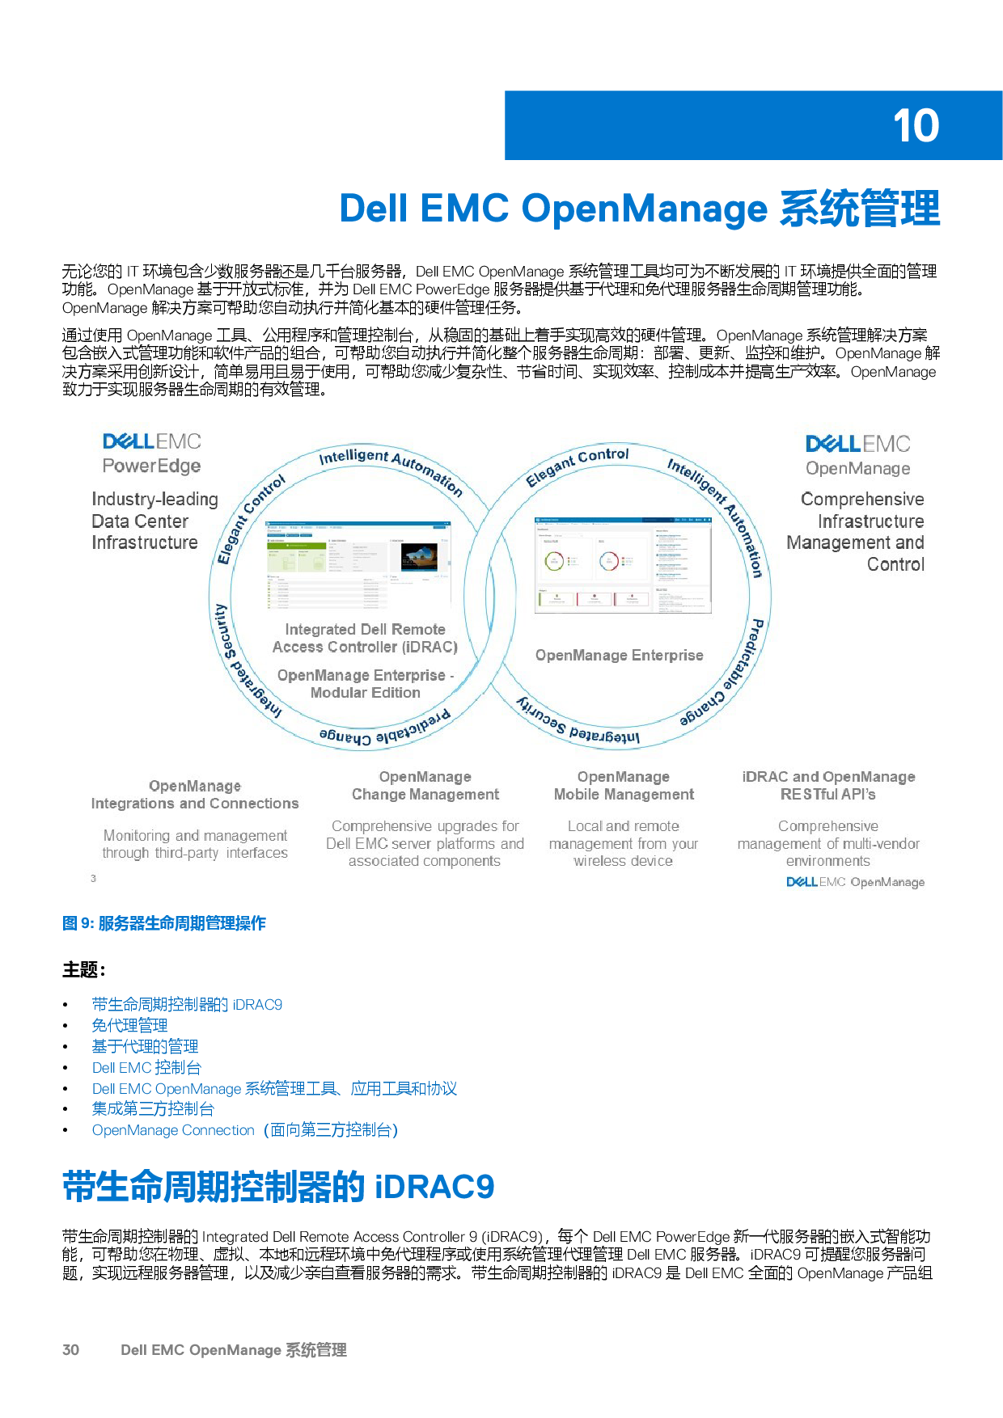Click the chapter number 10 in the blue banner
coord(916,126)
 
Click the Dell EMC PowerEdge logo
coord(151,453)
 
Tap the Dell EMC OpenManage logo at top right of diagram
coord(857,455)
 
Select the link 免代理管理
coord(129,1025)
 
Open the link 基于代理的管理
coord(145,1046)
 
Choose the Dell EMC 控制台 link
coord(146,1067)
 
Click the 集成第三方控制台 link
coord(153,1108)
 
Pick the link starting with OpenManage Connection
coord(244,1129)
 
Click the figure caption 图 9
coord(164,923)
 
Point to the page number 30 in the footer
coord(71,1349)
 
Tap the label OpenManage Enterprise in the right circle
coord(619,655)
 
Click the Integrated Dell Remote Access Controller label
coord(365,638)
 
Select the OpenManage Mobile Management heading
coord(624,786)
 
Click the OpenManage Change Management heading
coord(425,786)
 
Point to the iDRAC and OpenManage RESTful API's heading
coord(828,786)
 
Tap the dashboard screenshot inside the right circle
coord(623,563)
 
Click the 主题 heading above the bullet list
coord(84,969)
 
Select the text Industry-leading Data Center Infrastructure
coord(154,521)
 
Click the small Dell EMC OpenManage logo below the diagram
coord(855,882)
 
